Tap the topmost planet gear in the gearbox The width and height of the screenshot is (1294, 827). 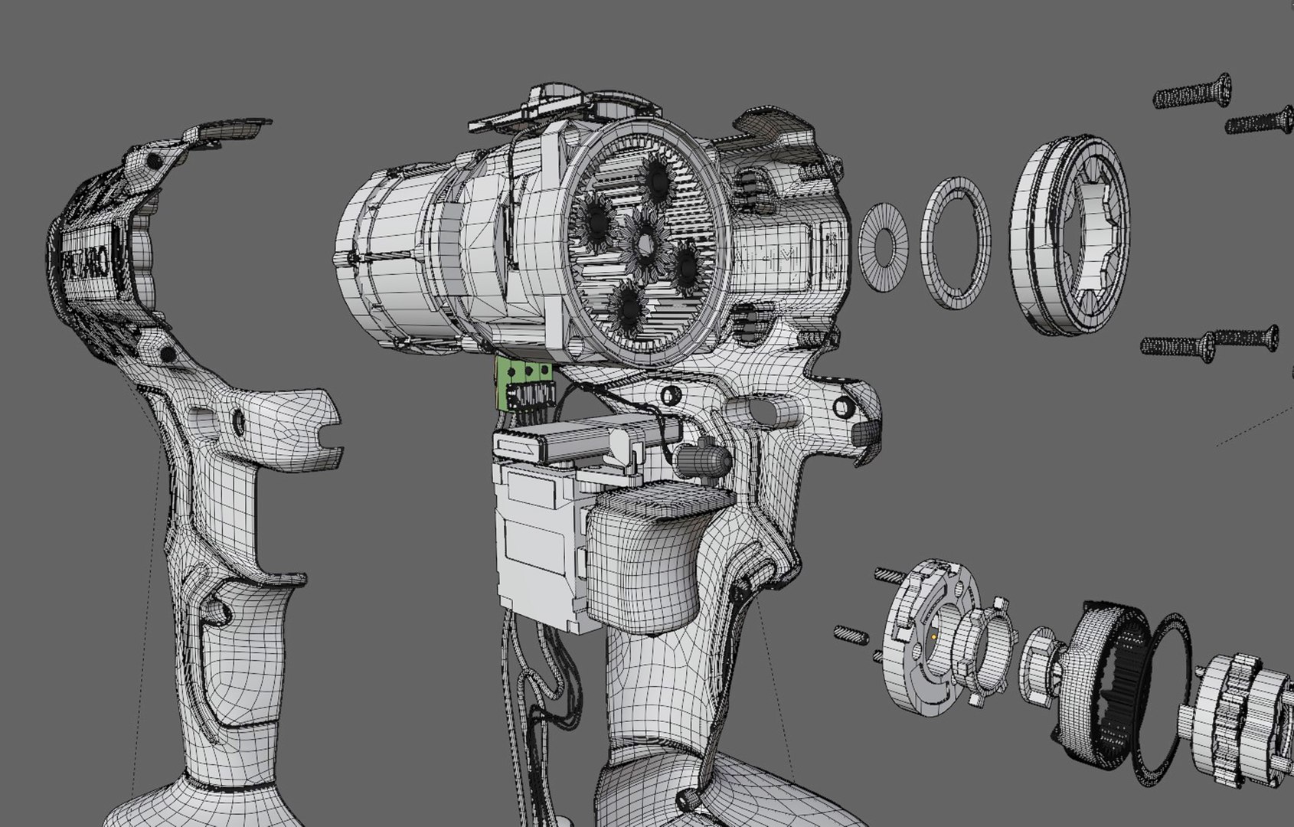click(x=657, y=179)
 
